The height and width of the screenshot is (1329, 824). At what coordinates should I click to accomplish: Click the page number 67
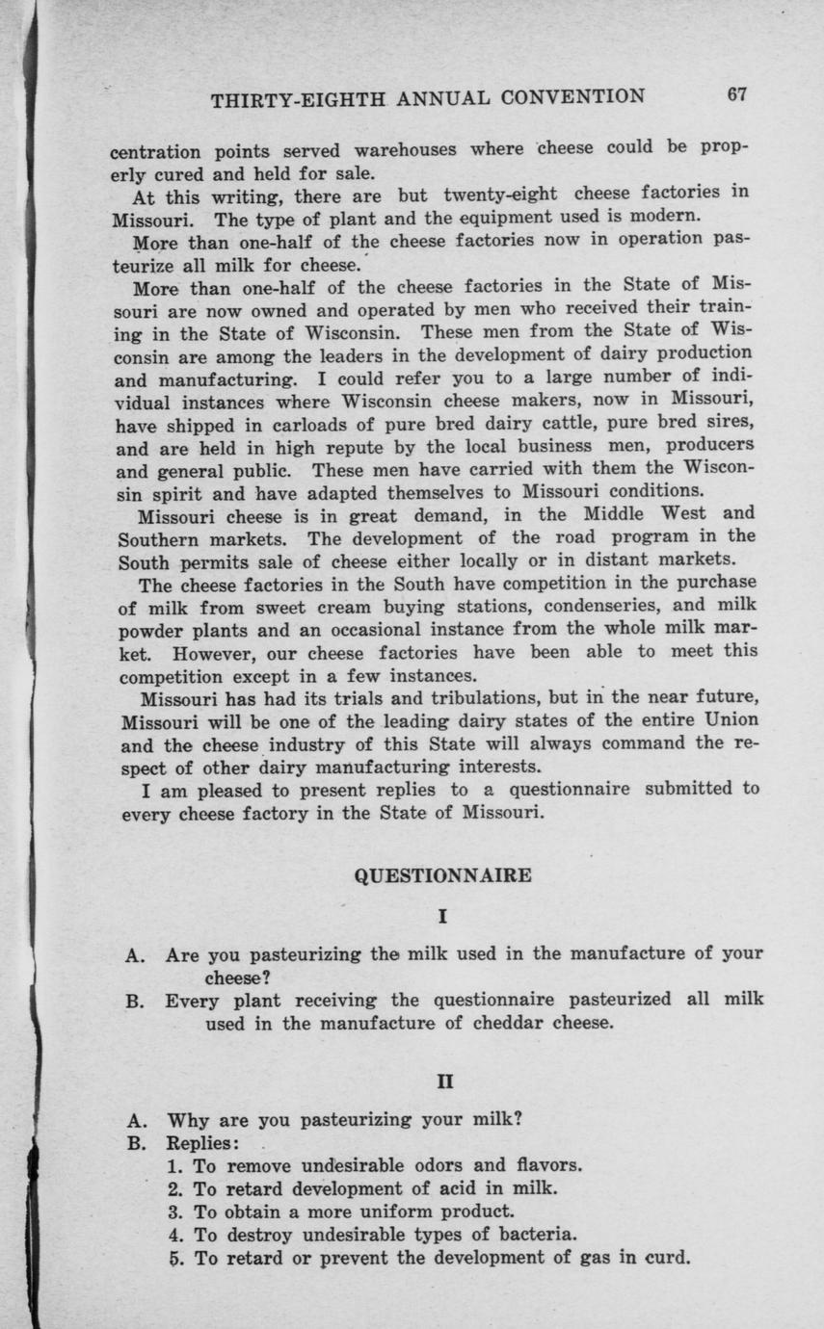(x=738, y=94)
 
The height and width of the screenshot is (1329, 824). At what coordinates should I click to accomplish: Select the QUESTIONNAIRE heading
(x=443, y=875)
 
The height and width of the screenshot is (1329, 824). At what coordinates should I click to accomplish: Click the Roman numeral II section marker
(x=443, y=1081)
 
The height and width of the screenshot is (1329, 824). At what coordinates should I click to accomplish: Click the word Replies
(x=201, y=1142)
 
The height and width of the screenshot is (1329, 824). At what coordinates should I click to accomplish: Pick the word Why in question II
(x=188, y=1120)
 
